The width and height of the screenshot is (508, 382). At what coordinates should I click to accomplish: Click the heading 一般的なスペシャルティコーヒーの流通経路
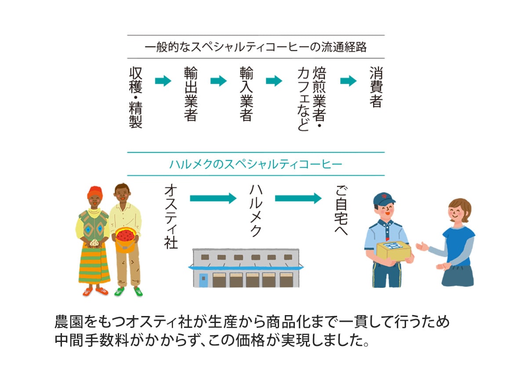click(255, 47)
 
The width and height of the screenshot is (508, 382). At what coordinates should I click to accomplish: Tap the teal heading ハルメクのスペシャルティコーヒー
click(255, 164)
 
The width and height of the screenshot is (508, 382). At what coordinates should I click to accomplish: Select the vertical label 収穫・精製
click(136, 97)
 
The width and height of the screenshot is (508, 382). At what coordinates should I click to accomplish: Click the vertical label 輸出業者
click(191, 94)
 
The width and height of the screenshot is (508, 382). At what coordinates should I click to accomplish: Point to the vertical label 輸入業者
click(246, 94)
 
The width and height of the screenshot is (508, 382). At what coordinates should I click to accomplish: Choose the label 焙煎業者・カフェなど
click(309, 99)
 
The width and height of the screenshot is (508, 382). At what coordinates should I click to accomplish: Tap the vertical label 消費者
click(376, 87)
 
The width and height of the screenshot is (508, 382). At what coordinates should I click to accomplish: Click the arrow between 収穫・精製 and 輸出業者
click(163, 81)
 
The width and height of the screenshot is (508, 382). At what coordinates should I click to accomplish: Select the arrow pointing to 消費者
click(348, 81)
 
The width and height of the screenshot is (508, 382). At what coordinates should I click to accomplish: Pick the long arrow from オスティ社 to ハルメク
click(213, 198)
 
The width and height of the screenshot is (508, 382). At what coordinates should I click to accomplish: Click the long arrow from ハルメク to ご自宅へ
click(298, 198)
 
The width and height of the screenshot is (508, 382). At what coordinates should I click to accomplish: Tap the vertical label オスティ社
click(171, 217)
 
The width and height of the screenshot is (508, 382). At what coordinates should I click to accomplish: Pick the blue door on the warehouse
click(203, 280)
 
